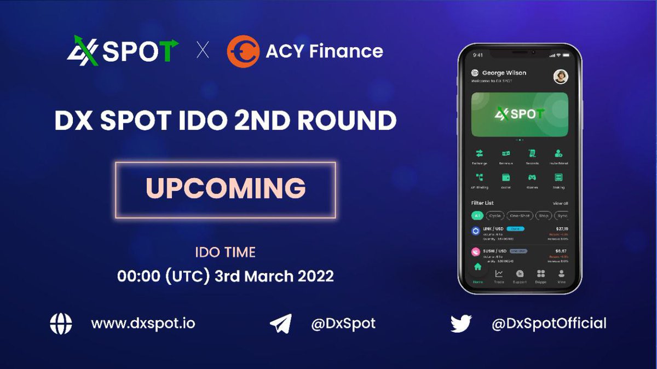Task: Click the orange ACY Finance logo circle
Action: (243, 51)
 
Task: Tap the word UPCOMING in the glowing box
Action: (226, 188)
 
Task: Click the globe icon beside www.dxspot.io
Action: (61, 324)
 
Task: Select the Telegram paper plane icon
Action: (281, 324)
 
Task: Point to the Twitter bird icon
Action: (461, 324)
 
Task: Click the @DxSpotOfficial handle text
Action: (549, 324)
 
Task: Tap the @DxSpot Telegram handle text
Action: (343, 324)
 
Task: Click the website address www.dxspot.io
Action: (143, 324)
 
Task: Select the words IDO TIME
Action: (226, 252)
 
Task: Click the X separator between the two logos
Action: (203, 51)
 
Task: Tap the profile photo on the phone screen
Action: (561, 76)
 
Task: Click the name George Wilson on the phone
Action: (504, 73)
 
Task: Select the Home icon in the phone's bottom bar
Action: (477, 268)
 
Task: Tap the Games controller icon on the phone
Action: (531, 177)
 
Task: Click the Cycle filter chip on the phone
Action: (495, 216)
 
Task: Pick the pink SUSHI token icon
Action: (476, 252)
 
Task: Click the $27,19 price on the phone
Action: (561, 229)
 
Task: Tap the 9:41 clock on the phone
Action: (477, 55)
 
